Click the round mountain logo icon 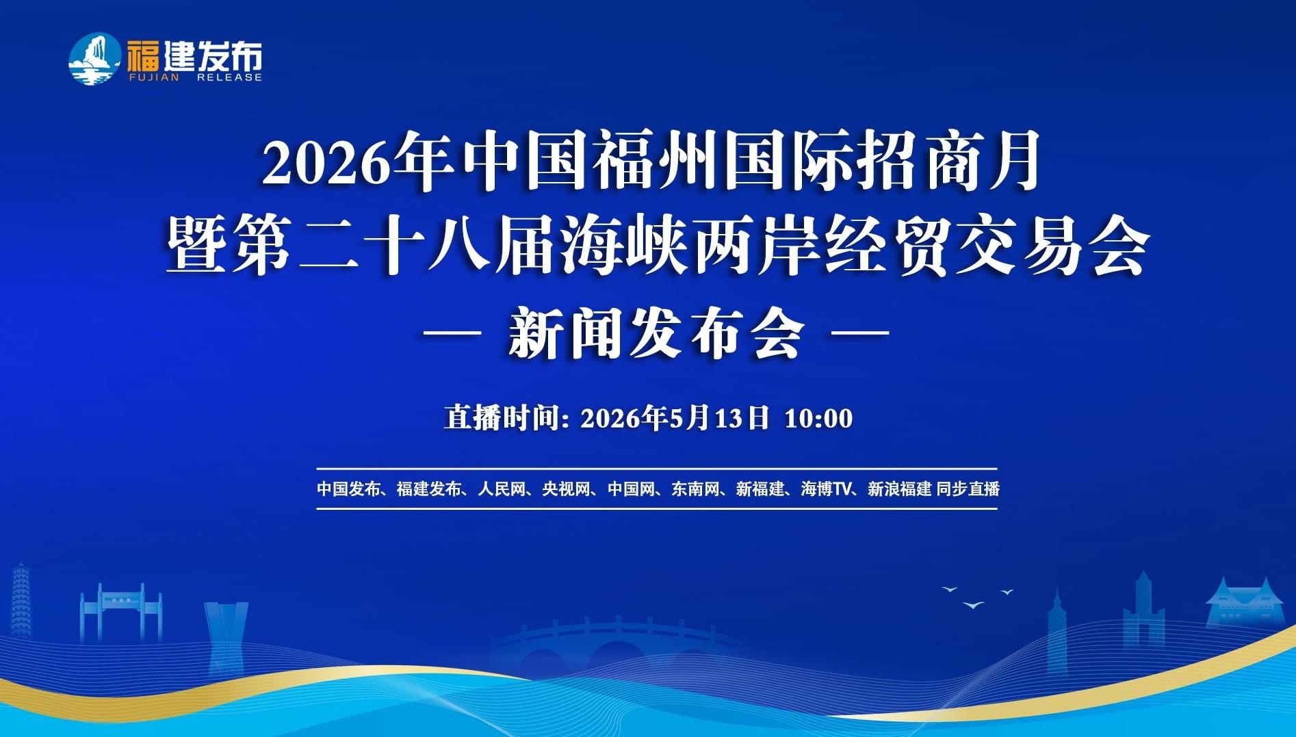(94, 60)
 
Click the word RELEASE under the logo (229, 77)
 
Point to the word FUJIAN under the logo (153, 77)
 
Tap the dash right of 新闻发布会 (859, 333)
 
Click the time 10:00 (818, 418)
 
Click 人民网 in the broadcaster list (502, 489)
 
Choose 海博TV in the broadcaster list (826, 489)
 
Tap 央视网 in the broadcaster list (566, 489)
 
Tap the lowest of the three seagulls (973, 605)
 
